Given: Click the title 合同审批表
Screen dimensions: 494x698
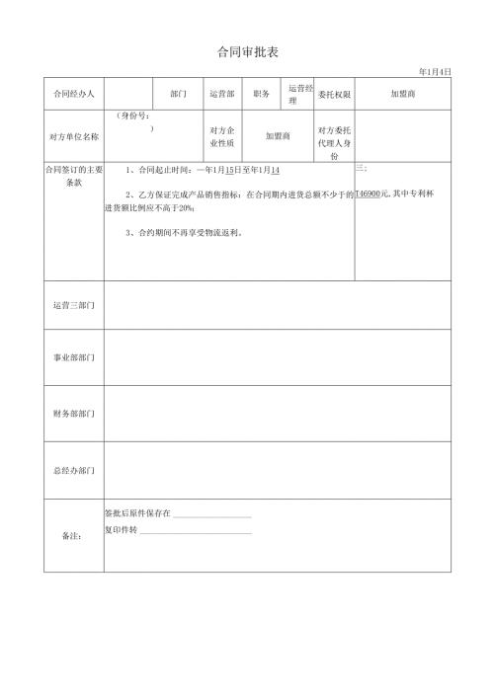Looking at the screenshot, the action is [247, 51].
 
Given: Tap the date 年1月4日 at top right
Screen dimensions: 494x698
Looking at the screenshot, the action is [435, 71].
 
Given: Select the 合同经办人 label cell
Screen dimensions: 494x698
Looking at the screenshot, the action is [73, 94].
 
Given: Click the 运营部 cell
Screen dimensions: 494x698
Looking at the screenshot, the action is [221, 94].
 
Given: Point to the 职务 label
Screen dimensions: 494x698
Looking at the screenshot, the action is [262, 94].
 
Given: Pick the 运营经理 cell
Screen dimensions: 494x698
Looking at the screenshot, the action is [299, 94].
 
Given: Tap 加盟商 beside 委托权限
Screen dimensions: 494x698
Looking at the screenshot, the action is [403, 94].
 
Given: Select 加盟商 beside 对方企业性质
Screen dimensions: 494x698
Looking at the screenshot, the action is [278, 136].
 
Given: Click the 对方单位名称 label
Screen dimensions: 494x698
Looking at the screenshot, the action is [73, 136].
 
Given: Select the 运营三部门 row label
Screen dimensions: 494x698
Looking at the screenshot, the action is [73, 305].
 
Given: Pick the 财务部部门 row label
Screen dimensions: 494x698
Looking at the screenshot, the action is [73, 413].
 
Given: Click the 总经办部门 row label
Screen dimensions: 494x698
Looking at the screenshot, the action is [73, 470].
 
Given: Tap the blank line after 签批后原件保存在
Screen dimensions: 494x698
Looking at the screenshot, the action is [212, 515].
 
